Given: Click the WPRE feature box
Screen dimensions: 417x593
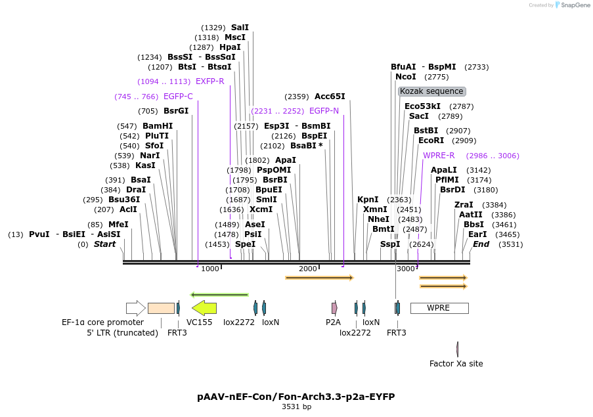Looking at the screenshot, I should (x=439, y=308).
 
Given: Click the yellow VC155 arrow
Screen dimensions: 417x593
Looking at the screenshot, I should (x=204, y=307).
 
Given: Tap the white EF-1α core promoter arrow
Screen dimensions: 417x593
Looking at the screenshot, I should (x=136, y=308).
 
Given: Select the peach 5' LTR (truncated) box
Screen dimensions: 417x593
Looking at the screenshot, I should (x=161, y=308).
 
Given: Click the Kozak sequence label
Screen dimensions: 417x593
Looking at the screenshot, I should (x=432, y=91).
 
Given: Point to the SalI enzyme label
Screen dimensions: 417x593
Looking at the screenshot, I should (x=240, y=28).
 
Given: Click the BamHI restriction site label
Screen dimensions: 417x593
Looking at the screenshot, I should (x=158, y=126).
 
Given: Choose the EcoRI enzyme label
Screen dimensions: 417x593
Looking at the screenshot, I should (x=431, y=140).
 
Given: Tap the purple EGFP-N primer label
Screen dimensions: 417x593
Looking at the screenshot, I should (x=324, y=111).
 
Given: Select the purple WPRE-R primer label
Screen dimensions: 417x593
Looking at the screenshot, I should (x=439, y=156).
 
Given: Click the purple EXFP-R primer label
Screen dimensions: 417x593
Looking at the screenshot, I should (x=210, y=81).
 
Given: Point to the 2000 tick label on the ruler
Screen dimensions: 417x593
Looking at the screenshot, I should (x=307, y=269).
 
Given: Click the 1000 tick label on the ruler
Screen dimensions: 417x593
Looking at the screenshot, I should (x=210, y=269).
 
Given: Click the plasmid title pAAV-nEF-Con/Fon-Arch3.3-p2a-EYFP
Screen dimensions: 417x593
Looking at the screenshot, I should (x=296, y=397).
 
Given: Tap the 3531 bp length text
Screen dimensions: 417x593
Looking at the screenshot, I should (x=296, y=407).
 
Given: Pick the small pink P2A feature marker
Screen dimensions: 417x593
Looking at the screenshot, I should (x=334, y=307).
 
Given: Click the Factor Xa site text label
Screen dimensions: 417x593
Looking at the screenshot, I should (x=456, y=363).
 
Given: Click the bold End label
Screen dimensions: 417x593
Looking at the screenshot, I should (x=481, y=244).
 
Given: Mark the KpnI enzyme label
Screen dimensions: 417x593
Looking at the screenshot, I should (x=368, y=199).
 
